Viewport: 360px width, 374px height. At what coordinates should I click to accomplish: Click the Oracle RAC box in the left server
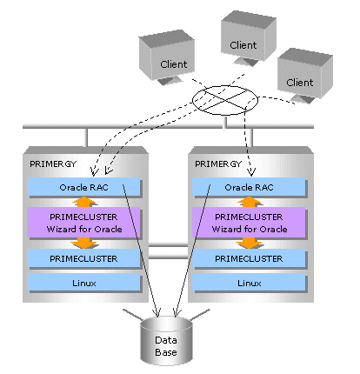(x=83, y=187)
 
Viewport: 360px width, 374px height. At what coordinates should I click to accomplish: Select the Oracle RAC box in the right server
(x=249, y=187)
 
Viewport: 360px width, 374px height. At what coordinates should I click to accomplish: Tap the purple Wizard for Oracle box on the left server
(x=83, y=223)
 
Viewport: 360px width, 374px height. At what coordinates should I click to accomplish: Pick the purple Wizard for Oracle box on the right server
(x=249, y=223)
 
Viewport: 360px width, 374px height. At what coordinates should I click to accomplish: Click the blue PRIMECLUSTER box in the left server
(x=83, y=258)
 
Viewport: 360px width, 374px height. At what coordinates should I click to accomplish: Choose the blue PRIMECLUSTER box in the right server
(x=249, y=258)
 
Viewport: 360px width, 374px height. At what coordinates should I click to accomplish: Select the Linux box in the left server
(x=83, y=283)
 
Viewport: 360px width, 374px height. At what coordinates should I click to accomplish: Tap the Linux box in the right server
(x=249, y=283)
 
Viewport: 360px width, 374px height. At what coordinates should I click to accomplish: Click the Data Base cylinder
(x=166, y=341)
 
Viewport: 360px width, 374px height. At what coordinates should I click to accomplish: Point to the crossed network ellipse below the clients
(x=225, y=100)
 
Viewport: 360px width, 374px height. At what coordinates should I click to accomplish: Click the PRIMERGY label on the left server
(x=53, y=164)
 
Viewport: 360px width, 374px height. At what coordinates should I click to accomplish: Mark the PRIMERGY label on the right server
(x=218, y=164)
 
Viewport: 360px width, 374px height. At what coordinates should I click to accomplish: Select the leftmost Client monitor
(x=167, y=57)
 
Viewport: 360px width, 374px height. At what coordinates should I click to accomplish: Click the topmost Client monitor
(x=249, y=37)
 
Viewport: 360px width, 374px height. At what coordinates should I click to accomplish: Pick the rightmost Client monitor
(x=305, y=76)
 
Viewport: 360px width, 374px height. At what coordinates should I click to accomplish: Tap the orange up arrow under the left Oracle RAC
(x=83, y=202)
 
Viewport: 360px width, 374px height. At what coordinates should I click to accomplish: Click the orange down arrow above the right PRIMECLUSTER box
(x=249, y=244)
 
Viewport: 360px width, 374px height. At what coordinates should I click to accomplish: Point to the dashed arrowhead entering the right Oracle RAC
(x=251, y=172)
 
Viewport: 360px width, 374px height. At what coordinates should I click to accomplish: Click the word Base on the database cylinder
(x=166, y=352)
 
